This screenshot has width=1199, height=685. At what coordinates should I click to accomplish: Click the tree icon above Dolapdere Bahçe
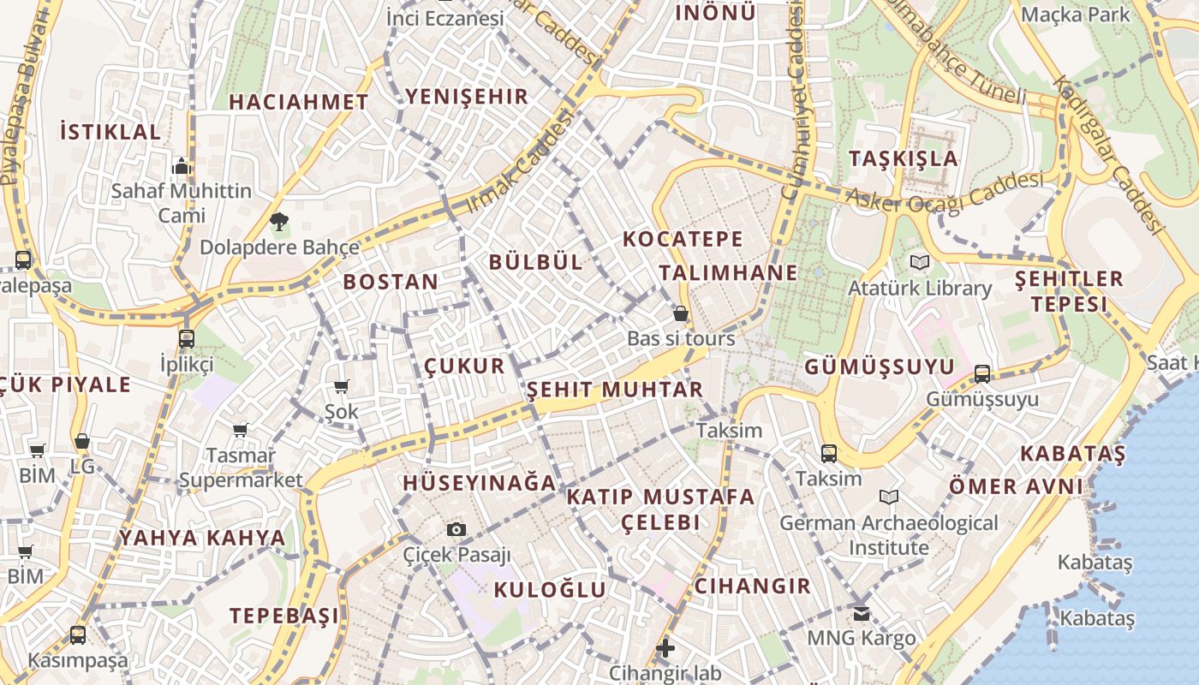click(278, 223)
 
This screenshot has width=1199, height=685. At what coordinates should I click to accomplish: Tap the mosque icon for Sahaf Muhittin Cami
click(182, 165)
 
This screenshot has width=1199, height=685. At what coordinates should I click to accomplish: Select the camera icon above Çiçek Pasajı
click(456, 529)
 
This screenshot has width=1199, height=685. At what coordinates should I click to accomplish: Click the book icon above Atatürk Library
click(920, 262)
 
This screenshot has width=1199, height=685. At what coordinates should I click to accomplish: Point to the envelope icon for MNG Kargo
click(861, 613)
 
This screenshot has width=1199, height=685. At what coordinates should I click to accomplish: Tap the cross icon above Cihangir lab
click(665, 648)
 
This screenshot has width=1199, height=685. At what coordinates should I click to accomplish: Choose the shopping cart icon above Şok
click(341, 386)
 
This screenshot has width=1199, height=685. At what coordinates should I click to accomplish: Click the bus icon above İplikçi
click(187, 339)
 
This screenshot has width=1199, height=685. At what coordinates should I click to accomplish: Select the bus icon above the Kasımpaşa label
click(78, 635)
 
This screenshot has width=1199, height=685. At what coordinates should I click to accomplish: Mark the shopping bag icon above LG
click(82, 441)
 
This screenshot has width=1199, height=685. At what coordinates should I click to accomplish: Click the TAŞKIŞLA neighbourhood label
click(904, 158)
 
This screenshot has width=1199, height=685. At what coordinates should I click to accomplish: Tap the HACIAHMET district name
click(298, 102)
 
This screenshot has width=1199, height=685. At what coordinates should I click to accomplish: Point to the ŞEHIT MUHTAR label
click(614, 390)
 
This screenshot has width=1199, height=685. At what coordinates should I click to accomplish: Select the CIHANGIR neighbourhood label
click(752, 586)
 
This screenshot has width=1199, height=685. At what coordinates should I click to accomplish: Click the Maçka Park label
click(1076, 15)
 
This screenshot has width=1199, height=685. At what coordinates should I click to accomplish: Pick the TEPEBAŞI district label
click(283, 616)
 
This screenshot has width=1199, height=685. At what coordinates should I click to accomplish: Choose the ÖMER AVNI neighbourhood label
click(1015, 486)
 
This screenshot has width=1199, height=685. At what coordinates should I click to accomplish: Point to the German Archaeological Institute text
click(888, 534)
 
